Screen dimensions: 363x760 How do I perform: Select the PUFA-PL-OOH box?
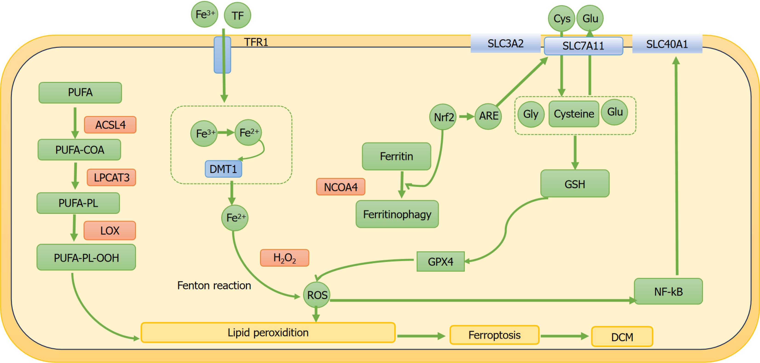[86, 257]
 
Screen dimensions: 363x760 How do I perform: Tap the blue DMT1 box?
[223, 169]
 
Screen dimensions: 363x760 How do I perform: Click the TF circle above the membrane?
[238, 15]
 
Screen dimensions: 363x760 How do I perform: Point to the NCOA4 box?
[341, 187]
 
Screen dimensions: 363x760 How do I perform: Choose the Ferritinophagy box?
[397, 214]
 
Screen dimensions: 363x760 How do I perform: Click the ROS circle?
[317, 295]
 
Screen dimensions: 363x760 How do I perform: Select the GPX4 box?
[441, 261]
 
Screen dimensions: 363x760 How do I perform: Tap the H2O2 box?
[284, 258]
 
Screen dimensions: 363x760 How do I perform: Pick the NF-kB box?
[668, 291]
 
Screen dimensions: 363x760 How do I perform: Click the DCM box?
[622, 337]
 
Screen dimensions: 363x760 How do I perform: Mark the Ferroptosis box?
[494, 335]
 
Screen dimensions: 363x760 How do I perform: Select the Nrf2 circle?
[443, 117]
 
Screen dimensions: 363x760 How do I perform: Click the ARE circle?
[488, 116]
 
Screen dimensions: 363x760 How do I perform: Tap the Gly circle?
[531, 114]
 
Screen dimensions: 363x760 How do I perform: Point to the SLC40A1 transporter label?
[667, 44]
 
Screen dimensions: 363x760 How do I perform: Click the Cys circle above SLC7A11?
[562, 19]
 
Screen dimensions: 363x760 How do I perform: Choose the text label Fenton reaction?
[214, 286]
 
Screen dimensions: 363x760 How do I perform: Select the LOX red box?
[110, 230]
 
